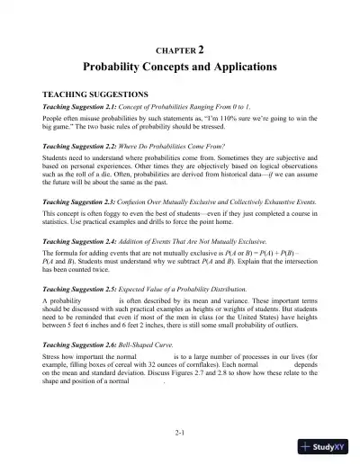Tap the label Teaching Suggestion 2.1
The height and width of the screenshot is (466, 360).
click(81, 106)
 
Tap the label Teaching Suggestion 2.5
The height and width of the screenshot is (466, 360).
click(81, 283)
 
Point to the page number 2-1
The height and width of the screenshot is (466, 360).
click(180, 434)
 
